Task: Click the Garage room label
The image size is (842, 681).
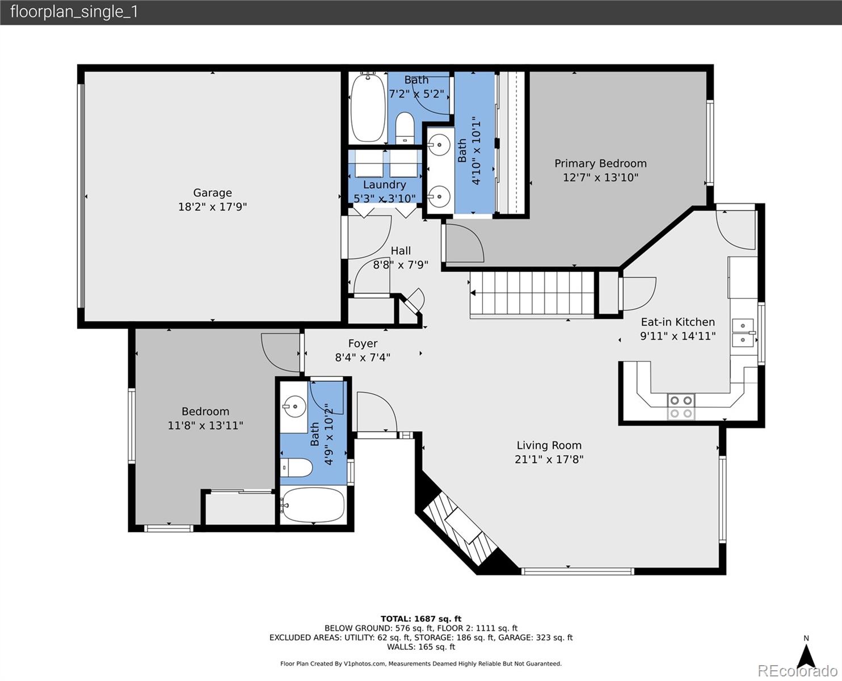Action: click(212, 192)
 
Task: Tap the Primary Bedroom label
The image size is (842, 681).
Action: click(600, 163)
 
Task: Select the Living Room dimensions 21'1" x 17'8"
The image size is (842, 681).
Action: click(549, 459)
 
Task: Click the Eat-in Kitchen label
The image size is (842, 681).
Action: click(677, 322)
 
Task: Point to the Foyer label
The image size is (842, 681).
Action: click(363, 343)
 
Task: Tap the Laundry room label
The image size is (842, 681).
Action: click(384, 184)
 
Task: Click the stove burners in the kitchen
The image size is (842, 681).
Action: click(681, 406)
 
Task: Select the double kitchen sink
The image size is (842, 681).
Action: click(743, 333)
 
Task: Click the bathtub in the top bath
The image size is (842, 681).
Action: click(368, 107)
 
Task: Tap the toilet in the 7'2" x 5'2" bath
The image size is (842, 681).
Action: click(405, 128)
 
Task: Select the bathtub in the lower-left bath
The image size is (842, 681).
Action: click(312, 505)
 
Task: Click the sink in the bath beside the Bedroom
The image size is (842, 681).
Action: click(294, 406)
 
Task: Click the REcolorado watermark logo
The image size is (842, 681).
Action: click(797, 671)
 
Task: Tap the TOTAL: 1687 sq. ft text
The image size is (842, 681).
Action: click(421, 619)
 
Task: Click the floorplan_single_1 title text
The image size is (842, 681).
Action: click(74, 12)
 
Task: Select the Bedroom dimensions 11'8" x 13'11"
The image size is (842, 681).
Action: click(205, 425)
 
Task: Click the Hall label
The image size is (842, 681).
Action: click(401, 251)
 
